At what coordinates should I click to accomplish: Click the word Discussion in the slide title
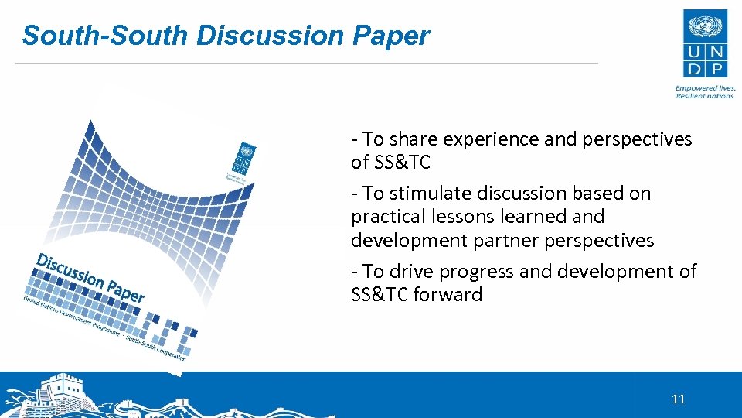[x=272, y=36]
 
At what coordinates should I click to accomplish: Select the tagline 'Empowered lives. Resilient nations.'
[x=704, y=91]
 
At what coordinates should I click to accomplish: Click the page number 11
[x=678, y=399]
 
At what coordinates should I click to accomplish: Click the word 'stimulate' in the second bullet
[x=427, y=194]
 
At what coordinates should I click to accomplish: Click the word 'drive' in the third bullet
[x=413, y=272]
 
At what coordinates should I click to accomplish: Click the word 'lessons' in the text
[x=461, y=217]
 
